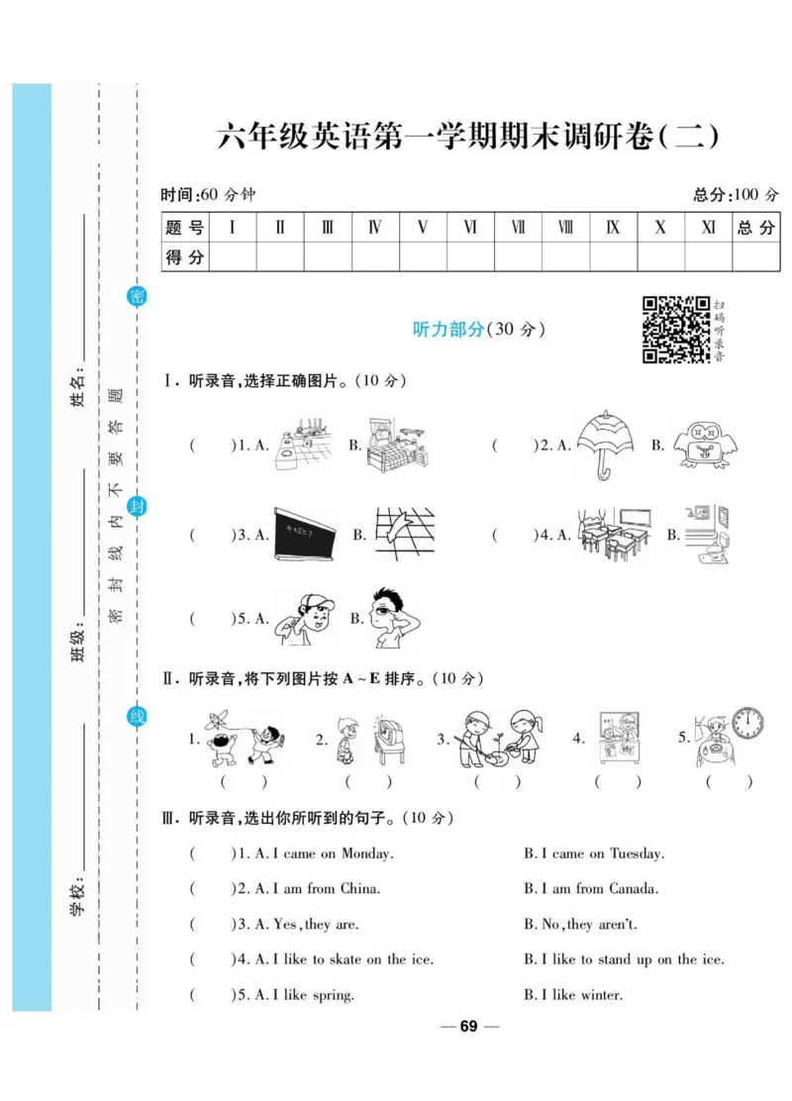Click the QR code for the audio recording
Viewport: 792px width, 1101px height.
(676, 329)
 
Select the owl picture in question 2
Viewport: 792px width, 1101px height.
(706, 445)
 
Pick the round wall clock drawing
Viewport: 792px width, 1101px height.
(748, 726)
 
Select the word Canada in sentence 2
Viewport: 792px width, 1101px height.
(633, 888)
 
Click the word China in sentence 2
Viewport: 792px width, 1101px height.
(359, 888)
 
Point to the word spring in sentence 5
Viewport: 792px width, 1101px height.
(333, 995)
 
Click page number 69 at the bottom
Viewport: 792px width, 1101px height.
(468, 1027)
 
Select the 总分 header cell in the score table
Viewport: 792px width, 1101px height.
(755, 228)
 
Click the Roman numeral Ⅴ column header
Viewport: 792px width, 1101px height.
(423, 228)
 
